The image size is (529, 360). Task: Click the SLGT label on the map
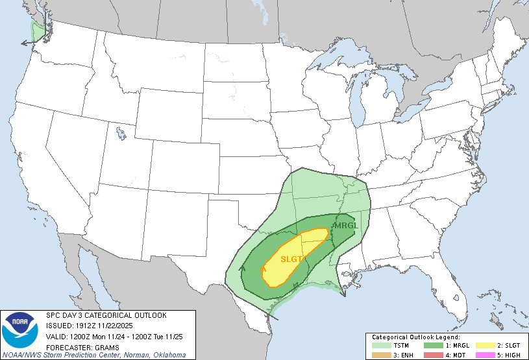pos(291,259)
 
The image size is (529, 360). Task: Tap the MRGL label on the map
pos(345,226)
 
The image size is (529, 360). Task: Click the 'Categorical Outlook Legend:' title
pos(415,338)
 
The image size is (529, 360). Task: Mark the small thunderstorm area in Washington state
pos(37,29)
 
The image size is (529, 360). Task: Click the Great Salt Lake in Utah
pos(121,134)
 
